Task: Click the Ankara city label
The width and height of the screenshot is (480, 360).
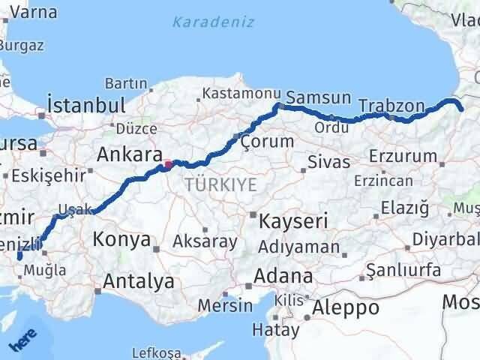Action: tap(130, 155)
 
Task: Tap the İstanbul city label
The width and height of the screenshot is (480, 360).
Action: tap(85, 104)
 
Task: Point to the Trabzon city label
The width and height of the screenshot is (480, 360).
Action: tap(391, 106)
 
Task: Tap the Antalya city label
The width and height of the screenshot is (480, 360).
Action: tap(139, 282)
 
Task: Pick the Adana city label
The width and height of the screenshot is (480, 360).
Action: tap(283, 276)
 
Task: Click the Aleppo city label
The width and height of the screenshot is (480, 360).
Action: tap(346, 307)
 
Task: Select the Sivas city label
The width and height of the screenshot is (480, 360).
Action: tap(330, 163)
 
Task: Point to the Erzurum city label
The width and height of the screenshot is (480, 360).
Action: tap(403, 156)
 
